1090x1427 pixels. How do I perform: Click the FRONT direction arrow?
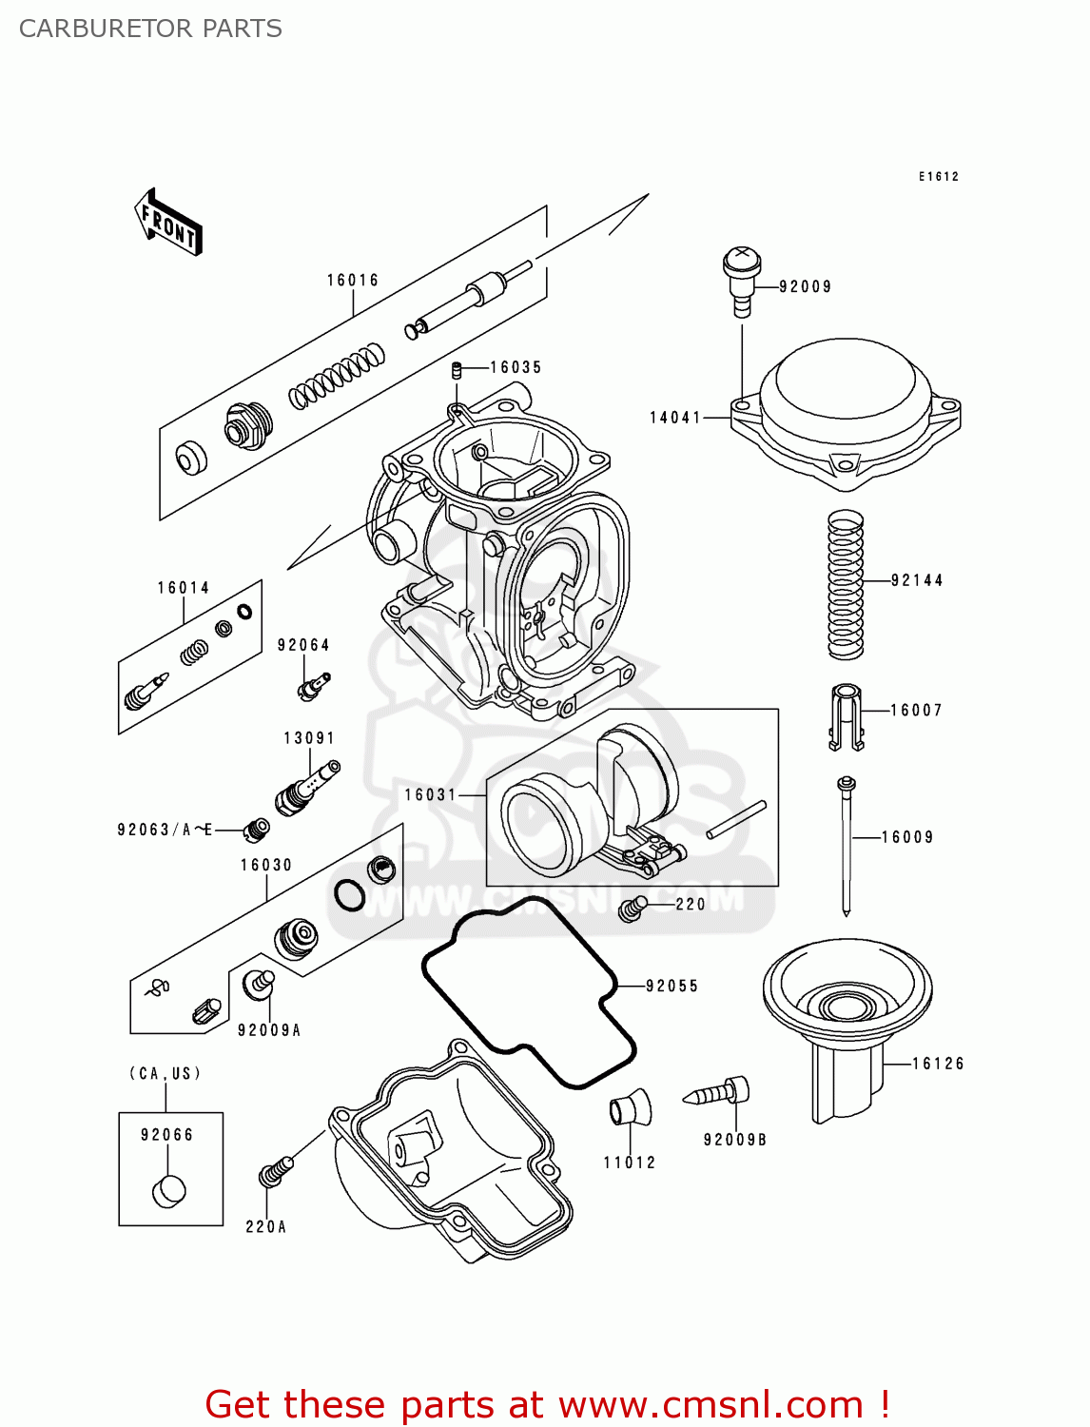click(169, 223)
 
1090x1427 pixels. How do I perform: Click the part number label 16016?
click(353, 280)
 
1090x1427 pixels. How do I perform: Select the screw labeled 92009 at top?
click(741, 278)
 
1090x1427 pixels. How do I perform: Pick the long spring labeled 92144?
click(845, 585)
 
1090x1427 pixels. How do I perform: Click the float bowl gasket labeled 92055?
click(528, 994)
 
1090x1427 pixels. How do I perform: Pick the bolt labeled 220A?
click(273, 1173)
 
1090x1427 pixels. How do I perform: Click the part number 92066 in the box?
click(166, 1135)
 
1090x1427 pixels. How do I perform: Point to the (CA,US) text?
click(165, 1073)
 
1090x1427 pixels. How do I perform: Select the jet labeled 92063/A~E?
click(256, 830)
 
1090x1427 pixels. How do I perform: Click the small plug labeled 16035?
click(457, 369)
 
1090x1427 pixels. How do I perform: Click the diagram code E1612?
click(938, 177)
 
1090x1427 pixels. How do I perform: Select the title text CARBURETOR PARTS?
click(150, 29)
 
